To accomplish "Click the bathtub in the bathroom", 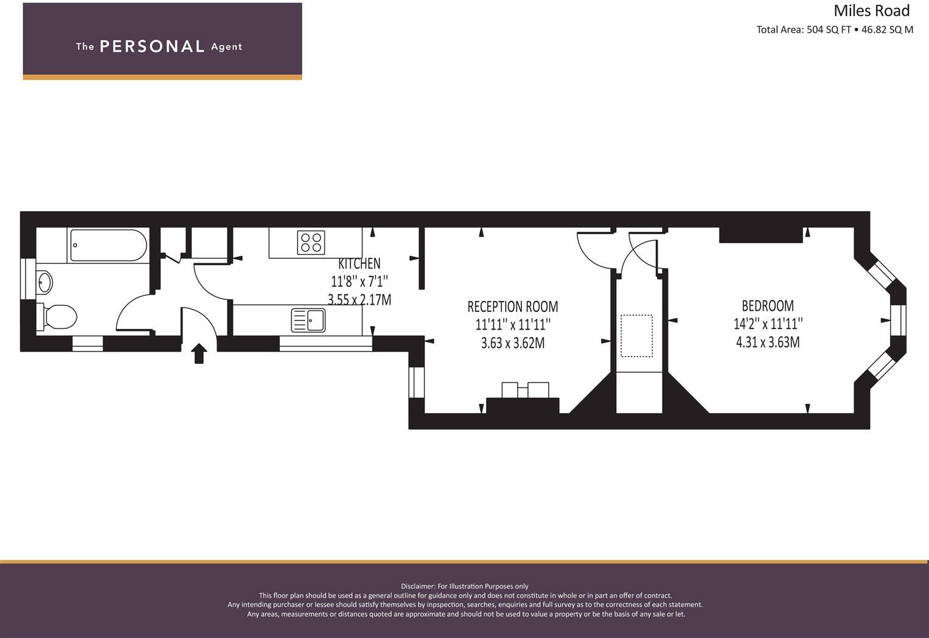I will coord(108,245).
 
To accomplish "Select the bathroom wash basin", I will coord(45,282).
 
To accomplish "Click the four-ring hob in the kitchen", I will coord(311,243).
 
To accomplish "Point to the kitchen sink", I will coord(309,320).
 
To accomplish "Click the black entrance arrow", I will coord(199,353).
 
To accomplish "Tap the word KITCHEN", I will coord(359,263).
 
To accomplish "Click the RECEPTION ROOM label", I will coord(512,307).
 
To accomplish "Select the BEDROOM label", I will coord(767,305).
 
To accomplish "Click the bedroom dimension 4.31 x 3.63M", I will coord(767,342).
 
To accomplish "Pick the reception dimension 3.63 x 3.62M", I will coord(512,343).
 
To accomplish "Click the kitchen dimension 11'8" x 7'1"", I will coord(359,282).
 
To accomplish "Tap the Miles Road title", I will coord(871,11).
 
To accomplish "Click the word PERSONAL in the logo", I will coord(152,47).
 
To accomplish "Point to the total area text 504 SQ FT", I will coord(828,30).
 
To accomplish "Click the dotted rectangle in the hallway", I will coord(636,336).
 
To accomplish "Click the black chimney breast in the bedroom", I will coord(760,235).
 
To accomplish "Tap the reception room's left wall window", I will coord(416,382).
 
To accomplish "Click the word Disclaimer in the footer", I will coord(417,586).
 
